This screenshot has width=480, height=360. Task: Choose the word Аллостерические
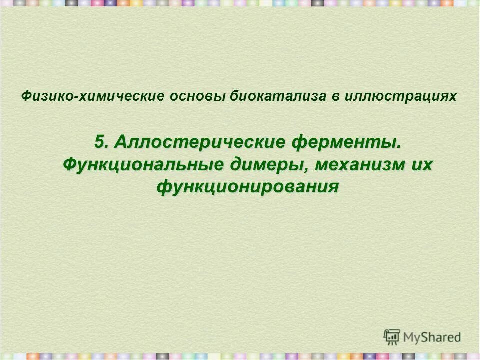198,142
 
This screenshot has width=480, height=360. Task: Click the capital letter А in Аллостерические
120,142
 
